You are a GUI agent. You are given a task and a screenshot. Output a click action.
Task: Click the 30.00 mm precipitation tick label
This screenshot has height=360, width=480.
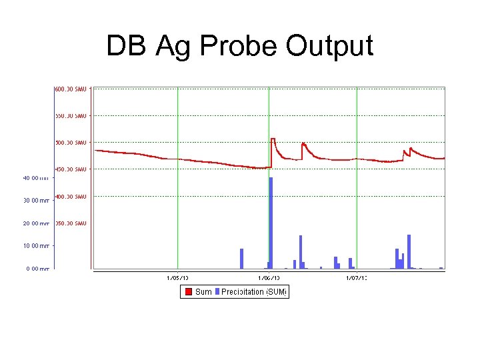[36, 200]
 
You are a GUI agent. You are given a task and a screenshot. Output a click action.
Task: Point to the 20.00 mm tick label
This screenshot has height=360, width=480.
[36, 223]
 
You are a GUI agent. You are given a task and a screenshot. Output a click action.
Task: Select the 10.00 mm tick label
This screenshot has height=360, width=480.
[36, 246]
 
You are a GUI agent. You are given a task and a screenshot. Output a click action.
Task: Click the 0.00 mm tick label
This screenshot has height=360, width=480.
[36, 269]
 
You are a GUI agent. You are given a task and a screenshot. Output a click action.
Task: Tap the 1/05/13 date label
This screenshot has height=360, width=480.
[177, 277]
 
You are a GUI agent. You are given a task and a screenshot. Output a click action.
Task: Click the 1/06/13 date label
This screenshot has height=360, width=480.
[269, 277]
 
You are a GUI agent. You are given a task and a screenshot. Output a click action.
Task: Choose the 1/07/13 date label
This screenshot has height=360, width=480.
[357, 277]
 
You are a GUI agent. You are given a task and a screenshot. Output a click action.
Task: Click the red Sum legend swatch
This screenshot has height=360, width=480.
[188, 291]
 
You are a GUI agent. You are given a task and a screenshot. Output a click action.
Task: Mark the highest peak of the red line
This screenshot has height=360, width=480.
[273, 139]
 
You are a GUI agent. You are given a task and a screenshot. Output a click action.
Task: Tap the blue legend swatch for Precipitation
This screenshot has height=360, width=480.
[217, 291]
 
